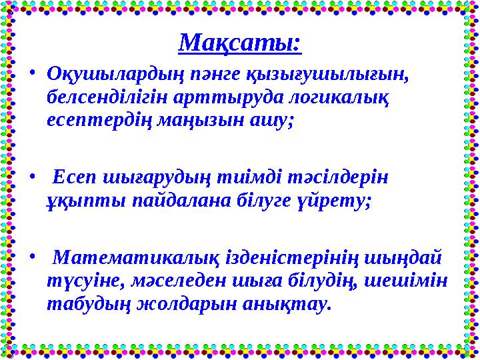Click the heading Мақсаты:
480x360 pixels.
pyautogui.click(x=240, y=44)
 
